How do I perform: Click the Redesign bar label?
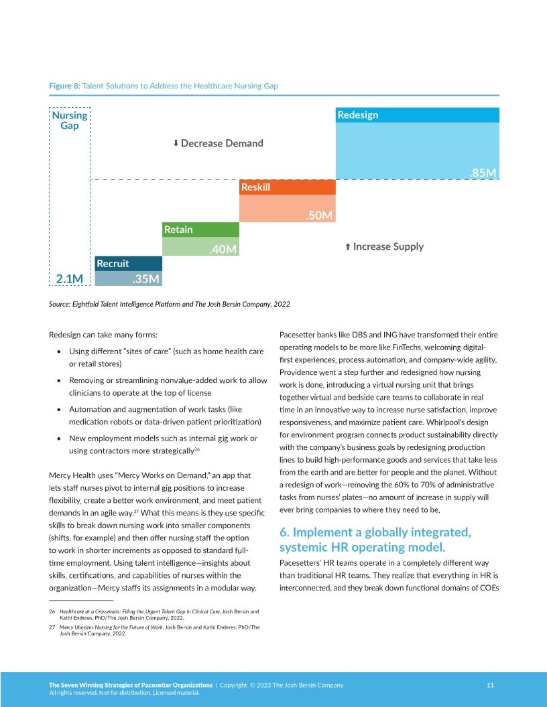pyautogui.click(x=357, y=115)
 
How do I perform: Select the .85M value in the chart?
pyautogui.click(x=482, y=173)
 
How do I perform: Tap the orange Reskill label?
pyautogui.click(x=255, y=187)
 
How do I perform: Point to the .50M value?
pyautogui.click(x=319, y=216)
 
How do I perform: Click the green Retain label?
pyautogui.click(x=178, y=230)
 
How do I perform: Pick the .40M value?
pyautogui.click(x=223, y=250)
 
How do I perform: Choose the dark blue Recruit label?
pyautogui.click(x=113, y=264)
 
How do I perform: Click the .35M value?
pyautogui.click(x=145, y=279)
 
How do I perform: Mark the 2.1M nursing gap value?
pyautogui.click(x=69, y=279)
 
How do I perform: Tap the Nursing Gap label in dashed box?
pyautogui.click(x=70, y=121)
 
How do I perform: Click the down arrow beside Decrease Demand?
pyautogui.click(x=176, y=143)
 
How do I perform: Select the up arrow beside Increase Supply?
pyautogui.click(x=348, y=247)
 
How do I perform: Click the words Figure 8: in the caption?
pyautogui.click(x=64, y=86)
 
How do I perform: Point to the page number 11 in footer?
pyautogui.click(x=490, y=685)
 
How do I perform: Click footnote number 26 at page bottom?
pyautogui.click(x=52, y=612)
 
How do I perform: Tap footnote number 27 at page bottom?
pyautogui.click(x=52, y=627)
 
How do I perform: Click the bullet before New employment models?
pyautogui.click(x=61, y=439)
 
